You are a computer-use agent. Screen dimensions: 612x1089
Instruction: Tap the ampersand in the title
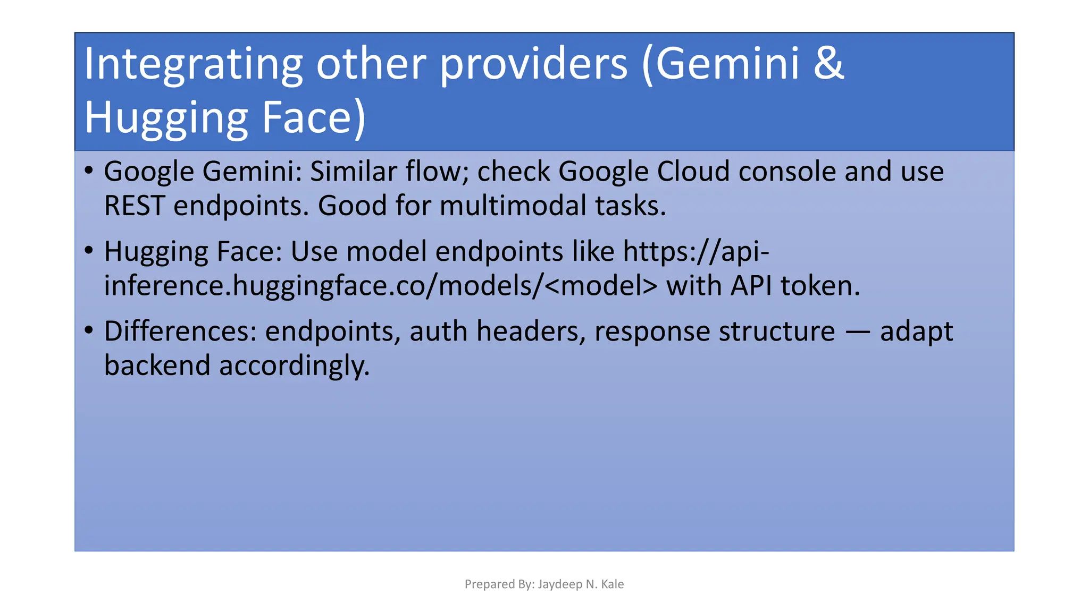tap(828, 64)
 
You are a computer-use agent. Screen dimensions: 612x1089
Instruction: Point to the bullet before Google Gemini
tap(89, 171)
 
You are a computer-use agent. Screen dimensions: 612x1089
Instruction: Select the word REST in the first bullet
tap(134, 206)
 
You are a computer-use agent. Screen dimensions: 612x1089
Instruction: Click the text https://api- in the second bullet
tap(696, 251)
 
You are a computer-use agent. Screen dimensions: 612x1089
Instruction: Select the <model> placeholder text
tap(601, 286)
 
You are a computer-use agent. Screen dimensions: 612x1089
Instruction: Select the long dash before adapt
tap(857, 332)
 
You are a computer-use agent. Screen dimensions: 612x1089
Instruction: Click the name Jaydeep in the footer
tap(559, 584)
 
